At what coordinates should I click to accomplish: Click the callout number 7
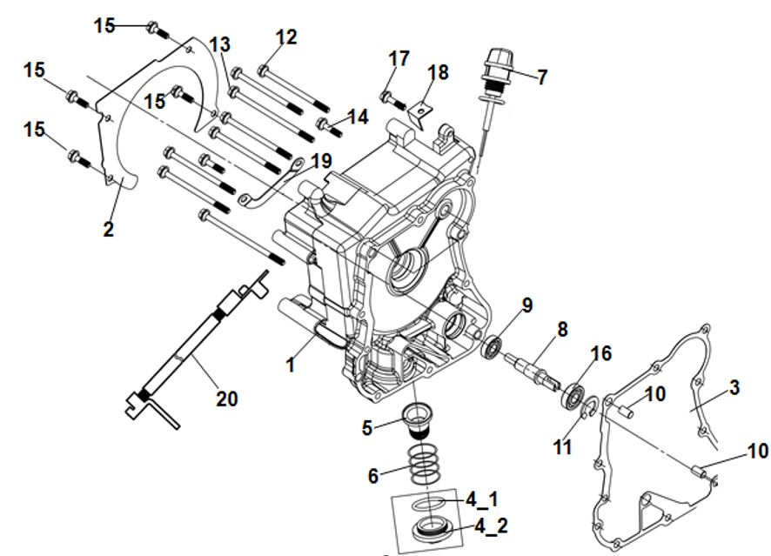click(541, 77)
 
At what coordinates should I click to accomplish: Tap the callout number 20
click(227, 399)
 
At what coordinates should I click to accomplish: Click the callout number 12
click(286, 37)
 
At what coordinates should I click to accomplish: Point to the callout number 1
click(292, 365)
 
